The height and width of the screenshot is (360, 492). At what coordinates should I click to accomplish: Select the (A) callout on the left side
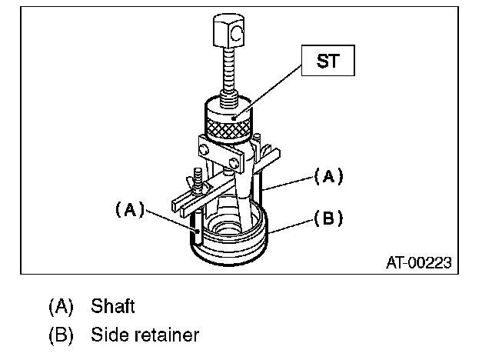pos(129,208)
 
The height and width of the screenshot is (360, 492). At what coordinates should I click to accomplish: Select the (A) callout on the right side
pos(327,176)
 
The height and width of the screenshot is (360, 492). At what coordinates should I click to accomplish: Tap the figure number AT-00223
pos(418,262)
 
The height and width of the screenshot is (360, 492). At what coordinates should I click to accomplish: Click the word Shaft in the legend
pos(113,307)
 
